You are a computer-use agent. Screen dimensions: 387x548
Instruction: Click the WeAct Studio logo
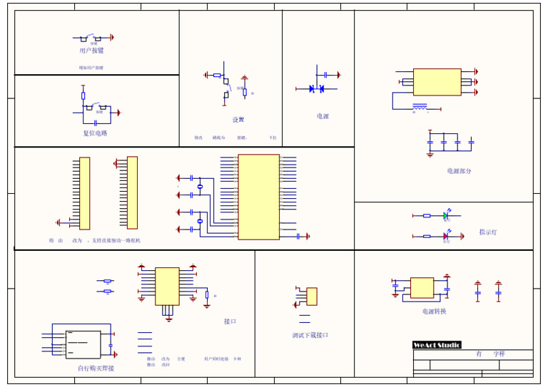click(x=437, y=345)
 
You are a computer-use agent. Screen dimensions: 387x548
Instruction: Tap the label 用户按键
click(x=91, y=51)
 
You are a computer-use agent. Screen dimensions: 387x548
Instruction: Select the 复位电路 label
click(x=95, y=133)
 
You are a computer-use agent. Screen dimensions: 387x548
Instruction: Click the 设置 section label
click(x=238, y=120)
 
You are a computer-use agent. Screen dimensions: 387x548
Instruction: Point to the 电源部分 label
click(x=459, y=171)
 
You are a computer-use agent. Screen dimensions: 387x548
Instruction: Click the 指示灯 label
click(x=488, y=232)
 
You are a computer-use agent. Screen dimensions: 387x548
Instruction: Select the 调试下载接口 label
click(x=310, y=335)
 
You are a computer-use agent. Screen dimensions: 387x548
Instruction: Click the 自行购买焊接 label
click(x=96, y=368)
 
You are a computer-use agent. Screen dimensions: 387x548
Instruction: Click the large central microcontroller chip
click(x=258, y=197)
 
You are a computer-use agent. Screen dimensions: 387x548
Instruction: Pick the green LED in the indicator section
click(x=445, y=215)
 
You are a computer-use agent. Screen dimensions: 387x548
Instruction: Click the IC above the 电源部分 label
click(x=437, y=82)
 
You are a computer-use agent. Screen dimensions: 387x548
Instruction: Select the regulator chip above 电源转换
click(x=422, y=287)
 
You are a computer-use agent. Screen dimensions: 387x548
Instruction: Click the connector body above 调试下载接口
click(x=312, y=296)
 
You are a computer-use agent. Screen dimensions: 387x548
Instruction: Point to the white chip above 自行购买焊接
click(x=83, y=344)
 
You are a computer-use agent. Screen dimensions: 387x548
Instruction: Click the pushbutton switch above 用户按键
click(x=91, y=37)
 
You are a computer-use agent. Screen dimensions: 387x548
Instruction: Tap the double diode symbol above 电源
click(x=316, y=88)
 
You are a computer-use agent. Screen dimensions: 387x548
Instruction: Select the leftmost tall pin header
click(x=84, y=193)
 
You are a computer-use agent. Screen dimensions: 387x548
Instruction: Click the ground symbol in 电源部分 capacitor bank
click(x=430, y=153)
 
